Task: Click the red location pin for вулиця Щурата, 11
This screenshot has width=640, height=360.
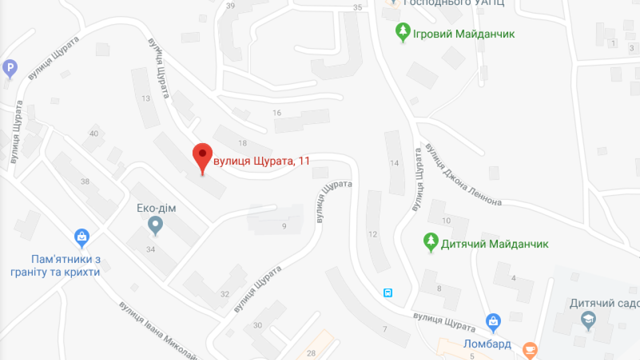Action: [202, 155]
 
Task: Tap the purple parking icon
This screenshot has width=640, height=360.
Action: [10, 67]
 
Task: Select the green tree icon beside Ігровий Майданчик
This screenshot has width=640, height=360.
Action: [402, 32]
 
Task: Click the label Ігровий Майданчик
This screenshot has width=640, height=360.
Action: [463, 34]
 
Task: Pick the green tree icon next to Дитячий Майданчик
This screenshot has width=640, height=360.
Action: [430, 242]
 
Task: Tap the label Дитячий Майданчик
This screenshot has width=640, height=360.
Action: [494, 244]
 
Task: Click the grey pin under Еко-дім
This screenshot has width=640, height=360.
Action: [155, 226]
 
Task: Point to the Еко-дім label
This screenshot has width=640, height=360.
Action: [156, 208]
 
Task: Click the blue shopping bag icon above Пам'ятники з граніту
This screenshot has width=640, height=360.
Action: [81, 237]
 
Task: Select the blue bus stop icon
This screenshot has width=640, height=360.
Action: [387, 293]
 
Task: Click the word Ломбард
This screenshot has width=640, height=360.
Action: [487, 344]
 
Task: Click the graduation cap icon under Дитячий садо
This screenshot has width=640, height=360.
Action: [588, 320]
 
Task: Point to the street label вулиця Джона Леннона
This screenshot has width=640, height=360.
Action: [463, 174]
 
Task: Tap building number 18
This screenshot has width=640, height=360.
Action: [242, 143]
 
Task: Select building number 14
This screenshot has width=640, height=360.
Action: [394, 163]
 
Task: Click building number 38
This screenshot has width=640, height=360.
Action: [85, 181]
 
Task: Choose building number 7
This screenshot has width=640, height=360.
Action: [384, 329]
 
